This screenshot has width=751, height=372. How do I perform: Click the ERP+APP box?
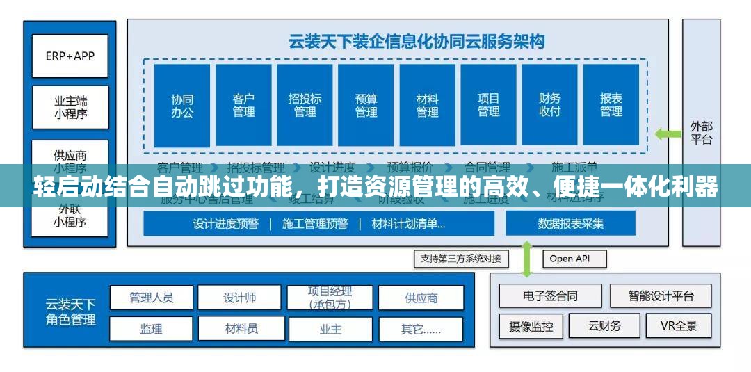point(70,56)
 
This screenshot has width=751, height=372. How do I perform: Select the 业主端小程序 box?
point(70,107)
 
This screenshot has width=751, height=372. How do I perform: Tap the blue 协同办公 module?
point(182,105)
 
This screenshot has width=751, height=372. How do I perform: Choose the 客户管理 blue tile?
point(243,105)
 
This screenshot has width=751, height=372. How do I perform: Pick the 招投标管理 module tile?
point(305,105)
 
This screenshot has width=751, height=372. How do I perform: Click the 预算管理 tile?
point(366,105)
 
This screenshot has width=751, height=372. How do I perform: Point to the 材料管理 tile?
point(427,105)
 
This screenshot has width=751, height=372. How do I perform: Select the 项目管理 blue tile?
point(488,105)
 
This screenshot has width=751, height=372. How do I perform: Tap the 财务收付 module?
point(549,105)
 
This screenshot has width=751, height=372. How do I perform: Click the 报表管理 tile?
point(611,105)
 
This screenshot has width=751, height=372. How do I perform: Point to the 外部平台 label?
point(701,133)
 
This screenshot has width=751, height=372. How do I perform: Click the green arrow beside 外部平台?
point(669,134)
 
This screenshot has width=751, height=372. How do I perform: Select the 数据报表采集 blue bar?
point(570,223)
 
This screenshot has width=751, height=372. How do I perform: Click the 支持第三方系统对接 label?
point(461,259)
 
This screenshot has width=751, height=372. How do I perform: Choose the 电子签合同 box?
point(550,296)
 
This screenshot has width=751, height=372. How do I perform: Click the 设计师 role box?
point(239,298)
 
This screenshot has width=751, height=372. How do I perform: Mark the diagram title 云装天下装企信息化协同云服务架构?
point(417,41)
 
